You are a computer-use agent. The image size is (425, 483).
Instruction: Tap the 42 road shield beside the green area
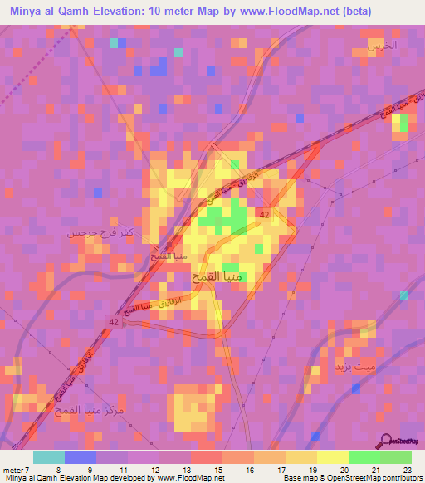pos(264,215)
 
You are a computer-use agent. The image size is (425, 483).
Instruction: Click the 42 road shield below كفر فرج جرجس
pos(112,321)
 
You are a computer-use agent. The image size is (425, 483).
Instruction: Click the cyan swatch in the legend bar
pos(49,456)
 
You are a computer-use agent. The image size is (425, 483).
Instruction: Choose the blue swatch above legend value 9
pos(81,456)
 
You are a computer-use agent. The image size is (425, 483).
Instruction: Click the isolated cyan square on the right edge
pos(404,295)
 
